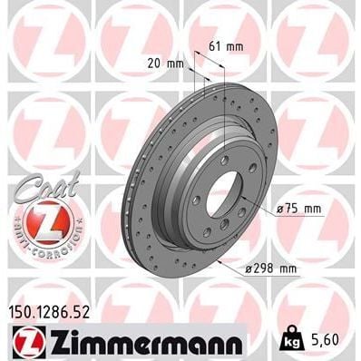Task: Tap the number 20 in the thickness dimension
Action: click(161, 63)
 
